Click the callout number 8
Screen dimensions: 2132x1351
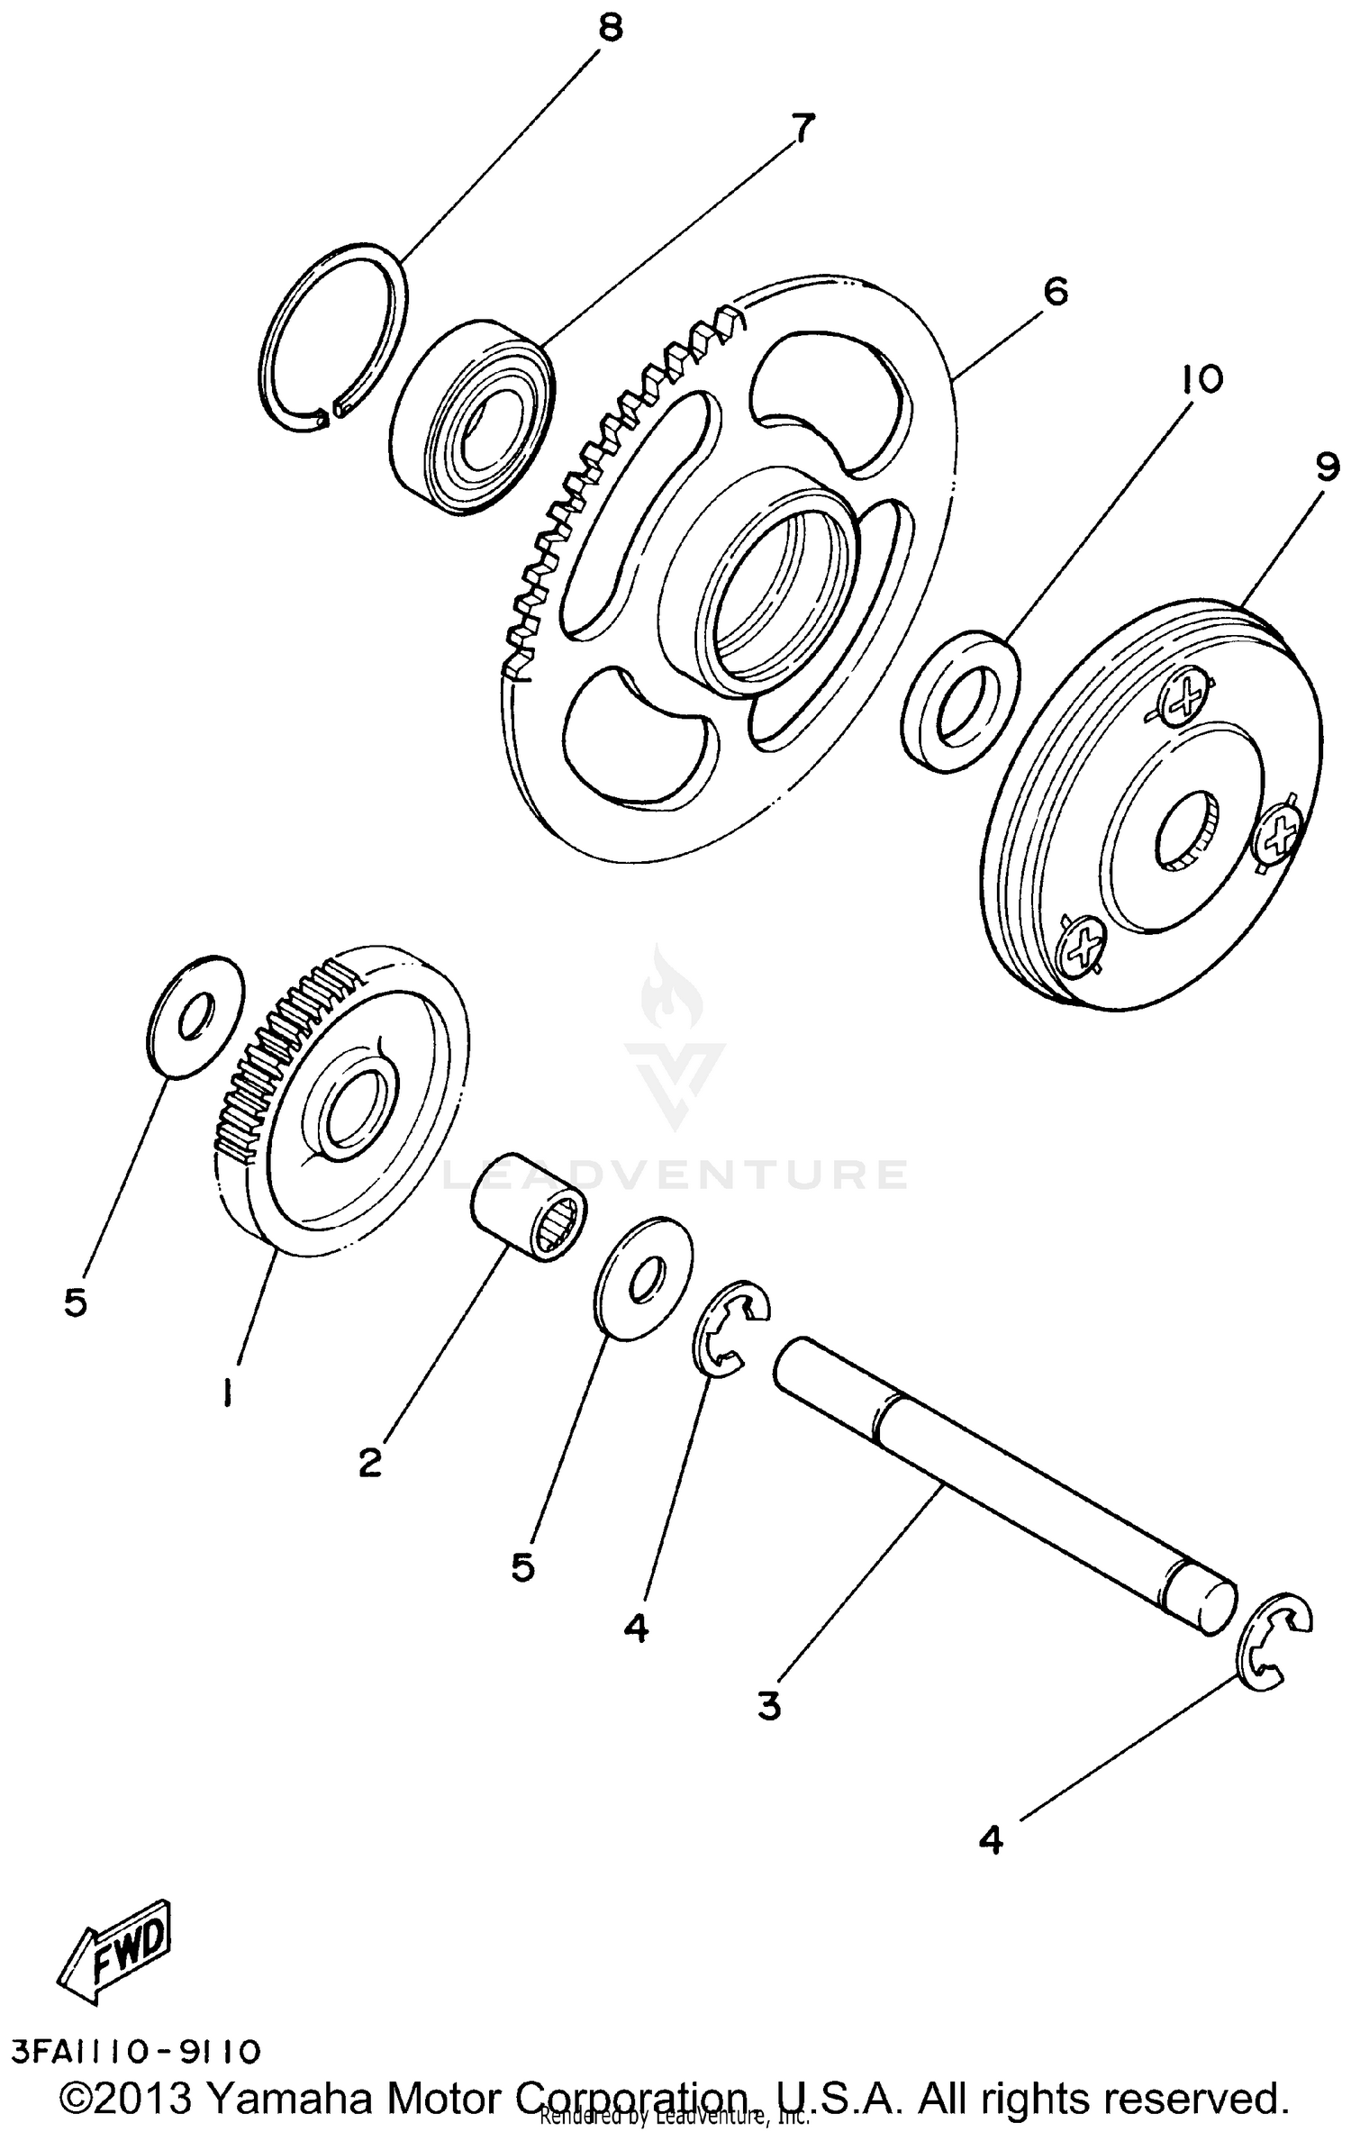coord(611,29)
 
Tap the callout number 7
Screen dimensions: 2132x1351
coord(802,129)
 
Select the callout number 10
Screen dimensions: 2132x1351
coord(1204,379)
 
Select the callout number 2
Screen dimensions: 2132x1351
coord(370,1462)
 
